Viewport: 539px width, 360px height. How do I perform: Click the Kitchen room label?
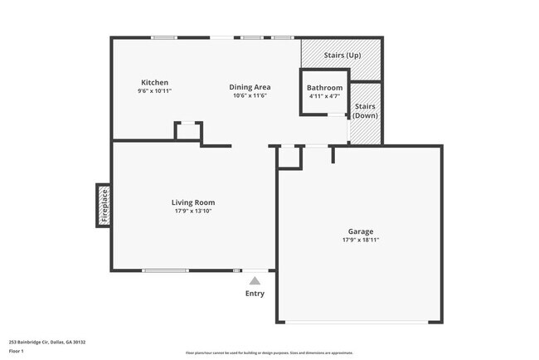[x=155, y=82]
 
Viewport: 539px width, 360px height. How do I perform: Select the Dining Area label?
[x=250, y=87]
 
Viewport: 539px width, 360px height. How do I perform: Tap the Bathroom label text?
[x=324, y=88]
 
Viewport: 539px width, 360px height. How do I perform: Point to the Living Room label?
[x=193, y=202]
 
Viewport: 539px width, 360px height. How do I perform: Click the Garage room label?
[x=360, y=231]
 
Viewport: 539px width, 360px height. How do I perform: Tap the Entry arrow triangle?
[x=255, y=281]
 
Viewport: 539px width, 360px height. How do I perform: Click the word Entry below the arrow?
[x=255, y=294]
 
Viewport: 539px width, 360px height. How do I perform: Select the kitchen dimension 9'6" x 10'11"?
[x=155, y=90]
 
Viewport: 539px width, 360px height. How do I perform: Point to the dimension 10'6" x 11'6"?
[x=250, y=95]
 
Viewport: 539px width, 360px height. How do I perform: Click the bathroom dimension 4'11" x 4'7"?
[x=324, y=96]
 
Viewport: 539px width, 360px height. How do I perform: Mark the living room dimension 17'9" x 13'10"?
[x=193, y=211]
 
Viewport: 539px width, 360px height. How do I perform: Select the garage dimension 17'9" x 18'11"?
[x=360, y=240]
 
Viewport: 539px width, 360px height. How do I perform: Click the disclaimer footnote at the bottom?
[x=269, y=353]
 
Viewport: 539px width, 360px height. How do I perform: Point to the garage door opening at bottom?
[x=359, y=322]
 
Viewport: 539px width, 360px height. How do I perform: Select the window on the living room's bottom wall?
[x=165, y=270]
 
